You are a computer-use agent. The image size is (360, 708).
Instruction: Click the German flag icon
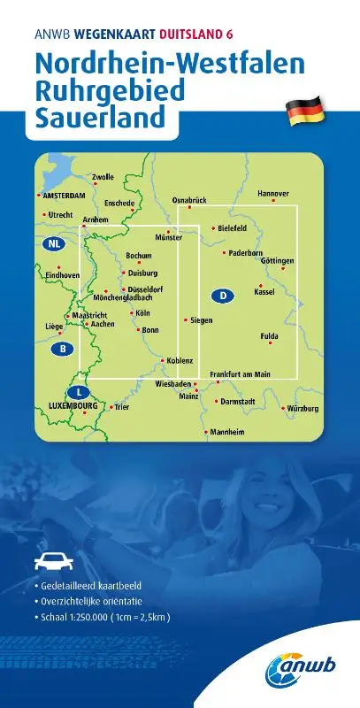tap(305, 112)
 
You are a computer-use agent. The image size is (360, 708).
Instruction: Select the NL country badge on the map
tap(55, 243)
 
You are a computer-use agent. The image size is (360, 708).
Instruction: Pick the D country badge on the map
tap(225, 296)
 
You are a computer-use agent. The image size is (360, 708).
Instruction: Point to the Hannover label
tap(273, 193)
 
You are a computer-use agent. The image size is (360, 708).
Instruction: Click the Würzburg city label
tap(303, 408)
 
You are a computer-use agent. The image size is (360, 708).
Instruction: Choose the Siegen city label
tap(202, 319)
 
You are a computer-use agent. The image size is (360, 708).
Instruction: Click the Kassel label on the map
tap(264, 291)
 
